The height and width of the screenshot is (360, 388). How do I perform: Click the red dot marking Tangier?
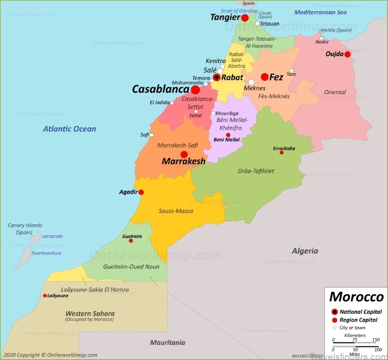coord(245,18)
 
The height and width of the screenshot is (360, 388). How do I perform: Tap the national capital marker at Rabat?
coord(217,77)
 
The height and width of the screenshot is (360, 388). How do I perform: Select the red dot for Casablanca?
coord(195,90)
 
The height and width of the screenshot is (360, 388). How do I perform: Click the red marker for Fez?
coord(264,77)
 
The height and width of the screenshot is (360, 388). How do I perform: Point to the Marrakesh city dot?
coord(184,155)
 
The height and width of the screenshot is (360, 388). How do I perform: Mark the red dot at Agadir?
coord(141,192)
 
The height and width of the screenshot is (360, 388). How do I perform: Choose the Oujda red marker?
coord(348,54)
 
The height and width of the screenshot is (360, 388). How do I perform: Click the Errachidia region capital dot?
coord(281,153)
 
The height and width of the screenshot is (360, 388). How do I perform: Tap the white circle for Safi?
coord(152,135)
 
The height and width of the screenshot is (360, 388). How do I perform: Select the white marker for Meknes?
coord(251,82)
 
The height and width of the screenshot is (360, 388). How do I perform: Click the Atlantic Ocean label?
coord(69,129)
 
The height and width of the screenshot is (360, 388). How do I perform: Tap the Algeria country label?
coord(305,251)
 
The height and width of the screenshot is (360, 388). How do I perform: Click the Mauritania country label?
coord(167,343)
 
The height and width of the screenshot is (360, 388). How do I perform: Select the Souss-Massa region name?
coord(176,211)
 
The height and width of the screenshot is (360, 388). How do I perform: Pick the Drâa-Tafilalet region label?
coord(257,171)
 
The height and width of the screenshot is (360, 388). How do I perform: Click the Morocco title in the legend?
coord(356,297)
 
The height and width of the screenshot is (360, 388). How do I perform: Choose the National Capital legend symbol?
coord(334,312)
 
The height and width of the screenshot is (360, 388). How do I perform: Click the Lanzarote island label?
coord(53,236)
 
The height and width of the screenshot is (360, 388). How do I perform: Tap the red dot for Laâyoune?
coord(45,296)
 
